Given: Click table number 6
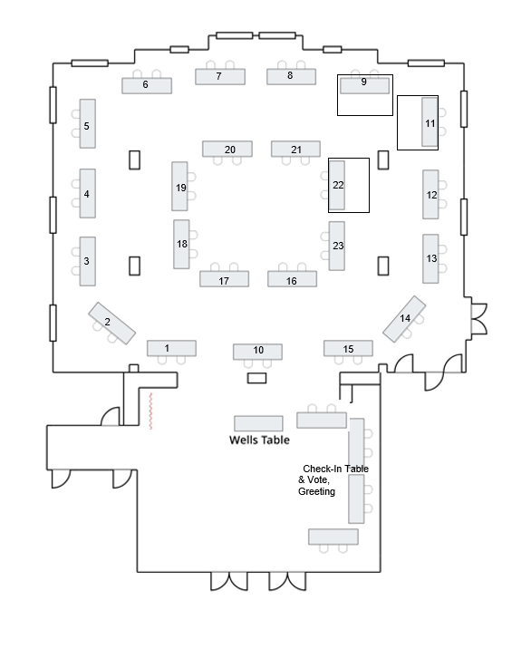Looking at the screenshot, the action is click(x=147, y=85).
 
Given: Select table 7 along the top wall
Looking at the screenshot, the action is click(x=220, y=77).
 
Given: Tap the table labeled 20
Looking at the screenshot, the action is click(x=227, y=149).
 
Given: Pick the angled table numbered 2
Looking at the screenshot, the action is click(x=112, y=324).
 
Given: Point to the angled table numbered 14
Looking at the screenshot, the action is click(x=404, y=319).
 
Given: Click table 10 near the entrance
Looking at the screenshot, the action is click(x=257, y=352).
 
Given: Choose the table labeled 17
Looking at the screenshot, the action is click(x=224, y=279).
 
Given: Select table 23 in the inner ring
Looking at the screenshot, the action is click(x=337, y=246).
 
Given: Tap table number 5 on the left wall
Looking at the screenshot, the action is click(x=88, y=123).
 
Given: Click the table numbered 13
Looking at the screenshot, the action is click(x=430, y=258).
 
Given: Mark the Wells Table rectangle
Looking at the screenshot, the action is click(x=258, y=423).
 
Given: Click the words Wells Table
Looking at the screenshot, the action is click(x=259, y=440).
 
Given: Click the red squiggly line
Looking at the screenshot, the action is click(x=150, y=411).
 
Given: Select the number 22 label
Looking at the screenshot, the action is click(x=338, y=185).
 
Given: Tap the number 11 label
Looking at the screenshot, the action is click(x=430, y=123).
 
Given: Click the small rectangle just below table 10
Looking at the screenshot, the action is click(x=256, y=378).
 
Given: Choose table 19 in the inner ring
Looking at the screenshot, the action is click(x=179, y=187).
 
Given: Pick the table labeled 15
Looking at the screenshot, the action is click(x=348, y=348).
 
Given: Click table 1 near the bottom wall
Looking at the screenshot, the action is click(x=171, y=348).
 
